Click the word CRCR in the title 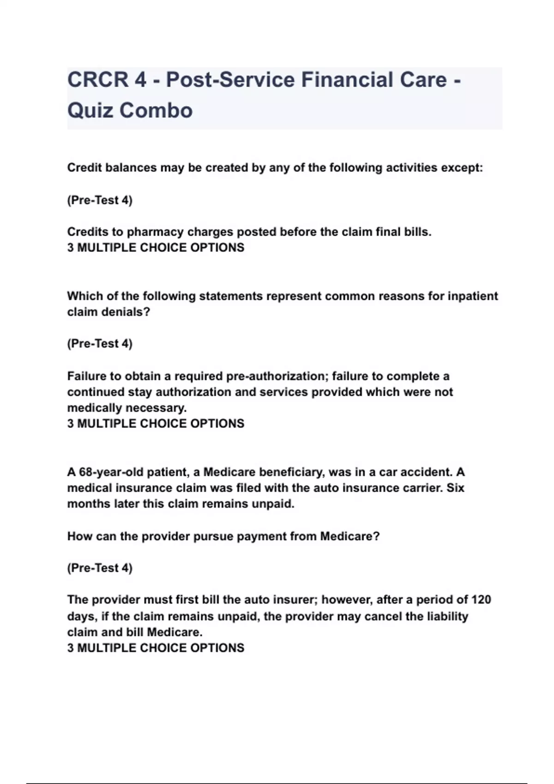click(x=97, y=80)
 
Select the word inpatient click(x=473, y=296)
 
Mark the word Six click(x=455, y=488)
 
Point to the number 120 click(x=481, y=600)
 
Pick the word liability click(x=446, y=617)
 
